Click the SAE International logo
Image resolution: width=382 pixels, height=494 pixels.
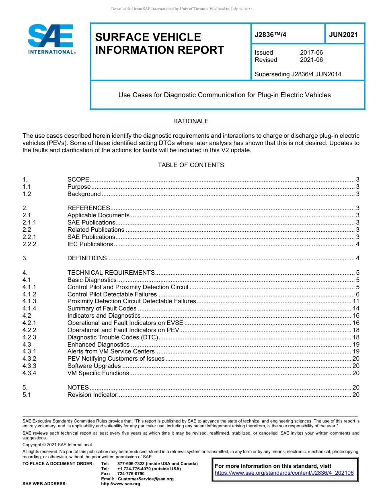[51, 39]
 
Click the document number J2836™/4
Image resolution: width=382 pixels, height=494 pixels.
[271, 35]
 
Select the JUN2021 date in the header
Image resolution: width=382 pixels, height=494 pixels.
[343, 35]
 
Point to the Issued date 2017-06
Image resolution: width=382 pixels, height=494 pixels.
[311, 53]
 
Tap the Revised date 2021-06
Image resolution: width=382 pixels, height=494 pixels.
[311, 60]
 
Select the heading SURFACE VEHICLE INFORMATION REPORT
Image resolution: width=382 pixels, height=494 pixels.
[159, 43]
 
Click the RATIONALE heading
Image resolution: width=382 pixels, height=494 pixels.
[191, 121]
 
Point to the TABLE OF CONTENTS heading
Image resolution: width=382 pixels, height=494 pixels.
[191, 165]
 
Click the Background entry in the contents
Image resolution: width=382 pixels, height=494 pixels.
[84, 194]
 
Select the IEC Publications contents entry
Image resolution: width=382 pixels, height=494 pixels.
[90, 244]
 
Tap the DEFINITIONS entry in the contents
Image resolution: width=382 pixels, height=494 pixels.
[87, 258]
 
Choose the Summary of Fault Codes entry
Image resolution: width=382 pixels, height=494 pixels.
[102, 308]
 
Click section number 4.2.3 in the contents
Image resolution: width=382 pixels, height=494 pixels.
[29, 337]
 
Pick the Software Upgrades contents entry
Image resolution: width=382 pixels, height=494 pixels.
[94, 366]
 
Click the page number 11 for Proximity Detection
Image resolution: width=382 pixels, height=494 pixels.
[356, 301]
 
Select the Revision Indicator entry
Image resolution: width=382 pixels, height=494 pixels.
[92, 395]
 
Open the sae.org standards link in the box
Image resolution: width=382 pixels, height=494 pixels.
[284, 473]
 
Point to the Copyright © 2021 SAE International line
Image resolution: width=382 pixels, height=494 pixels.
[57, 445]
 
